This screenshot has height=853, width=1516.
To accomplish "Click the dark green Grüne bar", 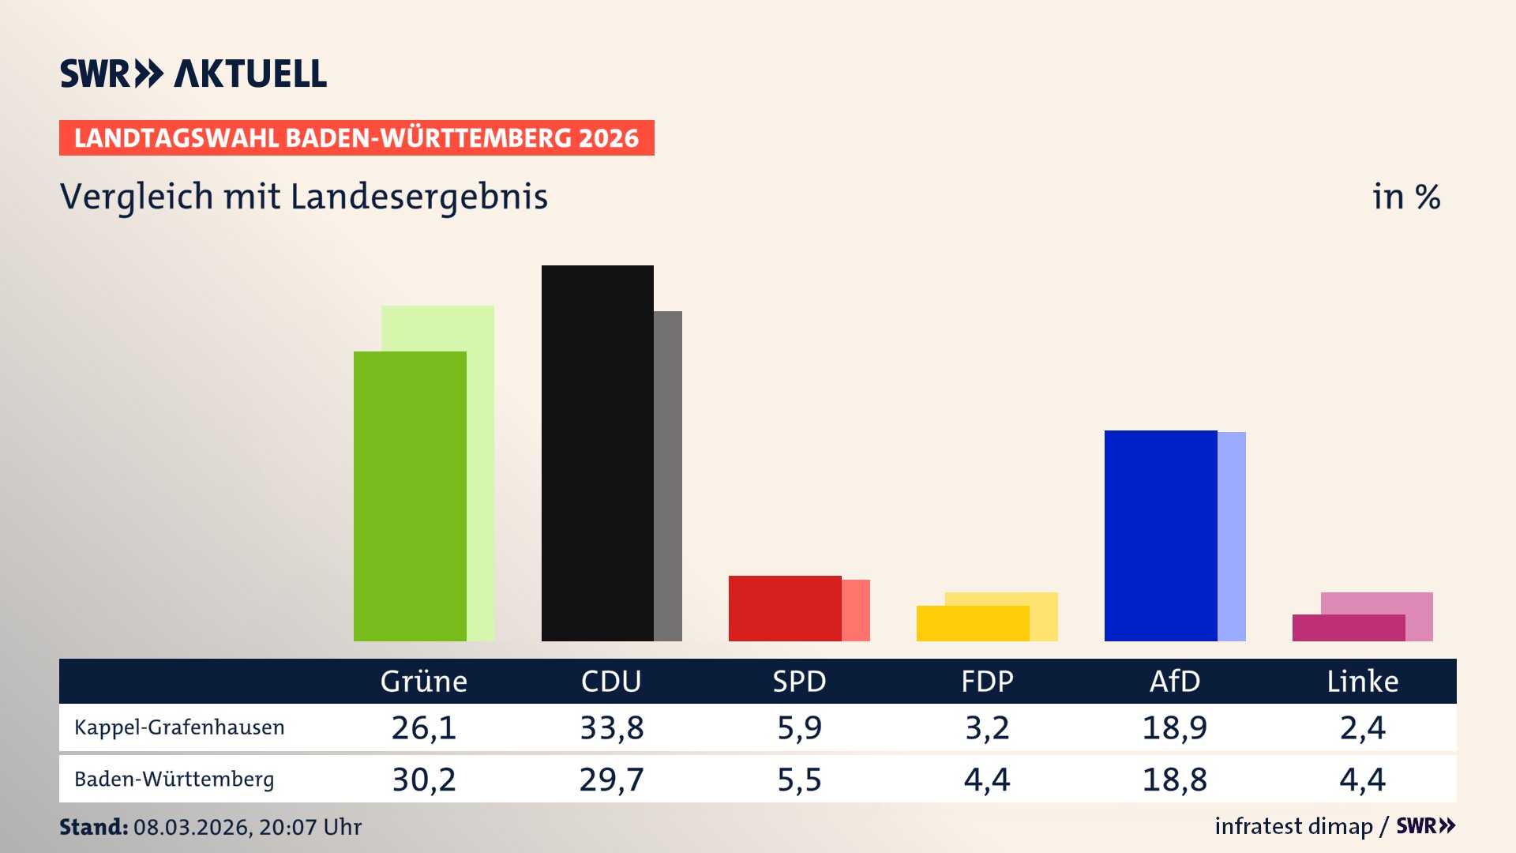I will coord(410,496).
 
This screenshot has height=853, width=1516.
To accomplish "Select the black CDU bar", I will coord(597,453).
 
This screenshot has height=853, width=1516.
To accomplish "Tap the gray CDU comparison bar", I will coord(668,475).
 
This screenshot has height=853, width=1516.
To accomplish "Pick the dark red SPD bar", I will coord(784,608).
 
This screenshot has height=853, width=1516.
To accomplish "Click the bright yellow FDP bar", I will coord(972,623).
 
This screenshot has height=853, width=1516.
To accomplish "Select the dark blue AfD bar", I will coord(1160,535).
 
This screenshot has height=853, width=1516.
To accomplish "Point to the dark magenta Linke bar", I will coord(1348,628).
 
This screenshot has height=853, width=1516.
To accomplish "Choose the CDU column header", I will coord(611,681).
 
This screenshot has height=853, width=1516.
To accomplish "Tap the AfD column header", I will coord(1174,681).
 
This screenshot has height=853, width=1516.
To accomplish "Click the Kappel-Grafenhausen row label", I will coord(179,727).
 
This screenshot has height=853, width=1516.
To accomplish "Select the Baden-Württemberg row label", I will coord(174,780).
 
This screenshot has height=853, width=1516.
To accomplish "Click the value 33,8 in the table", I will coord(611,727).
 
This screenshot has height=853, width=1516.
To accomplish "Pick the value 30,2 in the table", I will coord(424,780).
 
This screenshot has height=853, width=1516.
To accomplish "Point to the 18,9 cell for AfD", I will coord(1174,727).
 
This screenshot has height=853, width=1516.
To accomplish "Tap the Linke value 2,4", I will coord(1362,727).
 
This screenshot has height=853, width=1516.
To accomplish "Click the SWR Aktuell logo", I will coord(193,73).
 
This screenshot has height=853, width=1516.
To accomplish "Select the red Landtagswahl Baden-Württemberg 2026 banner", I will coord(356,138).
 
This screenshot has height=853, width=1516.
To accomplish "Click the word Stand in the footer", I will coord(93,827).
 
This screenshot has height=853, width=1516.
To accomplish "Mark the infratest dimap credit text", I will coord(1293,826).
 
